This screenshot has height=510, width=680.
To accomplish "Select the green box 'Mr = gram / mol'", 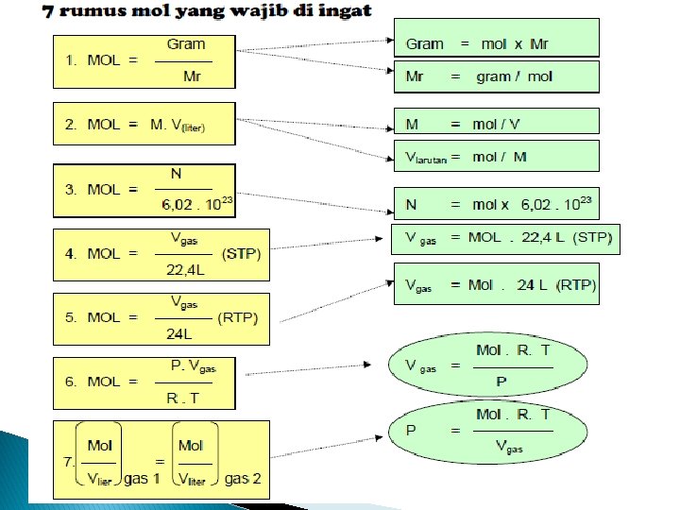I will tap(496, 76).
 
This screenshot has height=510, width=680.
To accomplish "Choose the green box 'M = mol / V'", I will tap(496, 123).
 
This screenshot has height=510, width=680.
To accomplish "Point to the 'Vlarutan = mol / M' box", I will tap(496, 157).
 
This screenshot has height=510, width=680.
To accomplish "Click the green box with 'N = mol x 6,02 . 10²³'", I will tap(496, 204).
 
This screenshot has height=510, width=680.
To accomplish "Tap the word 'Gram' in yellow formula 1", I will tap(185, 44).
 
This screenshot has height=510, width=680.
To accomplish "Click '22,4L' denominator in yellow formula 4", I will tap(184, 269).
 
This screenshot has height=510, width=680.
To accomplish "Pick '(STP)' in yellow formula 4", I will tap(241, 254).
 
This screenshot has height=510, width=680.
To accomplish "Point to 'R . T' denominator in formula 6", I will tap(182, 398).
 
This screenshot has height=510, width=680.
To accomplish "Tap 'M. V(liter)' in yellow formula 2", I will tap(178, 125).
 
